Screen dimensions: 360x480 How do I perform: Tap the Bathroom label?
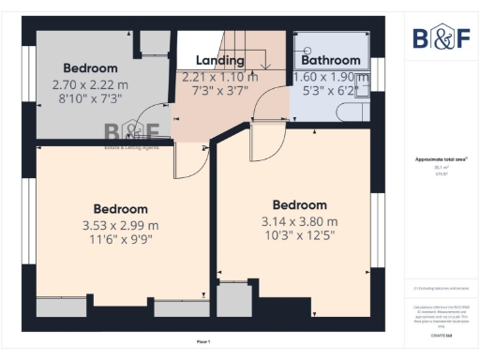[331, 61]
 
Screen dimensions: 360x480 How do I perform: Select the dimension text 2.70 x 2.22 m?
[91, 83]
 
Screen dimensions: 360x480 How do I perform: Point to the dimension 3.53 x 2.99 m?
[120, 225]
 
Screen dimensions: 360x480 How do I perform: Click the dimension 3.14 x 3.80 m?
[299, 221]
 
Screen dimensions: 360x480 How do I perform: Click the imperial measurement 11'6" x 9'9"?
[120, 240]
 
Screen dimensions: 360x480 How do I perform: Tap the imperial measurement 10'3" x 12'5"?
[299, 237]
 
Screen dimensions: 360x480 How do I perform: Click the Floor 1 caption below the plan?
[203, 341]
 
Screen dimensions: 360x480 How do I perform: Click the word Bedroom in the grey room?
[91, 68]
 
